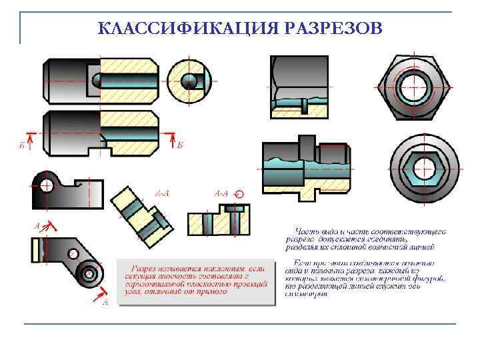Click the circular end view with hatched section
point(190,80)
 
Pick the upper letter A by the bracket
point(37,225)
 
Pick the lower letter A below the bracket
point(105,301)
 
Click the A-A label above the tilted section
point(162,193)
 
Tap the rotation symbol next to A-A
point(240,193)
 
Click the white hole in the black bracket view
point(46,185)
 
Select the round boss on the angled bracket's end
point(87,273)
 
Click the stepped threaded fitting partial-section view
point(304,171)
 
